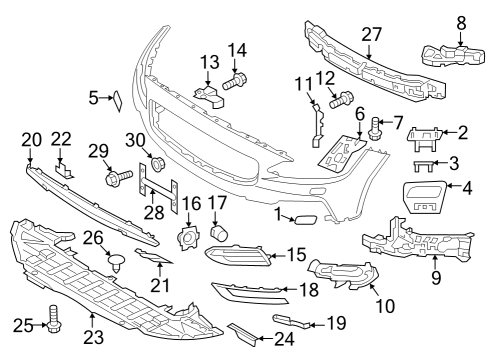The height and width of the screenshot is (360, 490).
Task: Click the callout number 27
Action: (372, 34)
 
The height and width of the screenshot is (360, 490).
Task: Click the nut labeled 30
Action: (157, 163)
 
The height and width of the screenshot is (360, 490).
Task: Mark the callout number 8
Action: (461, 21)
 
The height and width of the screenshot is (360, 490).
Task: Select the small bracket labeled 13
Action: (207, 95)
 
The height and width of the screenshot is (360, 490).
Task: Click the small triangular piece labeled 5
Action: (115, 98)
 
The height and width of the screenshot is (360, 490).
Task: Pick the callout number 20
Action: (30, 138)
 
